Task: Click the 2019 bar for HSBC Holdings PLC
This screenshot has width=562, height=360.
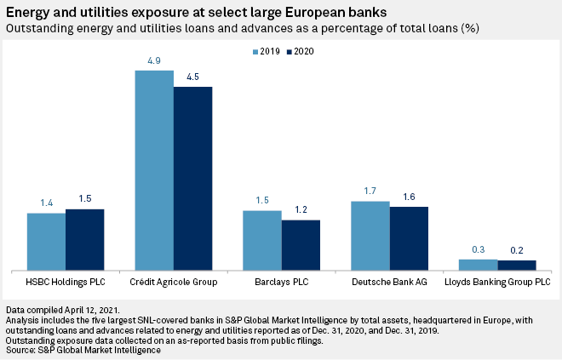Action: [x=46, y=241]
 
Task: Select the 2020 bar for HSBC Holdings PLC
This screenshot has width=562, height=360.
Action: [x=84, y=239]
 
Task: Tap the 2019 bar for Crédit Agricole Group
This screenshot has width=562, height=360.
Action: [x=154, y=169]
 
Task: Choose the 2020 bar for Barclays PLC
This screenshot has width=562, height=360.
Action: [x=301, y=244]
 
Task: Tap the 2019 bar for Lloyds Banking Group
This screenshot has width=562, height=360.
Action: [x=479, y=264]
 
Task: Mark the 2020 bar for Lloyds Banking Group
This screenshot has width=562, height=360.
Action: [x=517, y=265]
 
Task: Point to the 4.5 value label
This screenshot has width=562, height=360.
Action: [x=192, y=77]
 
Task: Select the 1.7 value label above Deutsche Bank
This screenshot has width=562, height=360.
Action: [x=370, y=192]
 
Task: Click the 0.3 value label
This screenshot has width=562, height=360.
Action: [x=479, y=250]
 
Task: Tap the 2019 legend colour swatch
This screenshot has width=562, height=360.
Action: [x=255, y=52]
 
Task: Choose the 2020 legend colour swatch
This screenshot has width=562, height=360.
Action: [x=288, y=52]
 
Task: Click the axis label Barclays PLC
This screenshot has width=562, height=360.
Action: [x=282, y=281]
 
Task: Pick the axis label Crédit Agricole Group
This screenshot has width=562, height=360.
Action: [x=174, y=281]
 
